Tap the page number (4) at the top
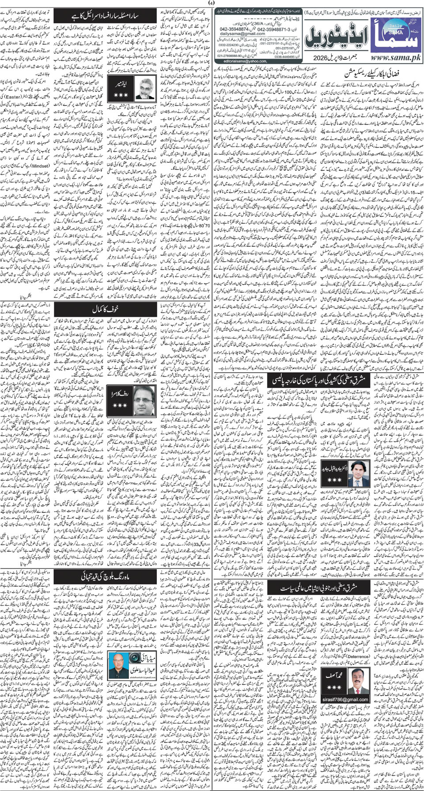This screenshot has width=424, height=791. click(x=212, y=4)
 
